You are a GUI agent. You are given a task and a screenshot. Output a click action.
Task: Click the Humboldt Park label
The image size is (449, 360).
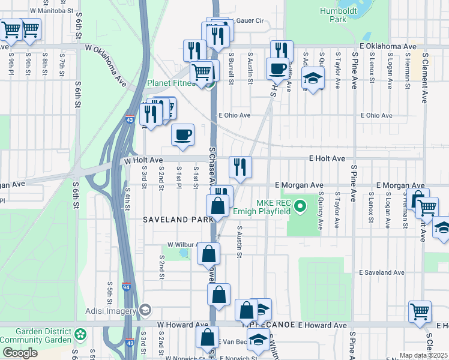pyautogui.click(x=334, y=14)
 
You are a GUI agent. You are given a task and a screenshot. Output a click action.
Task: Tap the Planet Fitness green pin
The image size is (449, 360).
pyautogui.click(x=210, y=83)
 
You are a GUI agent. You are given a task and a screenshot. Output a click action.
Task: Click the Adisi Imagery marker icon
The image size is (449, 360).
pyautogui.click(x=145, y=310)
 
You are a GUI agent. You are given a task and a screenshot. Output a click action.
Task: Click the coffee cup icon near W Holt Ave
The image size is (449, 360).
pyautogui.click(x=182, y=134)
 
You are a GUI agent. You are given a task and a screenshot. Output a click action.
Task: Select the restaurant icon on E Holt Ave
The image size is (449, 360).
pyautogui.click(x=240, y=167)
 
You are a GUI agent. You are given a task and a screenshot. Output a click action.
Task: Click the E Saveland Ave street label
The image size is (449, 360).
pyautogui.click(x=383, y=272)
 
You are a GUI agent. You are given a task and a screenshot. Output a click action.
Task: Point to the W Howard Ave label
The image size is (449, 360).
pyautogui.click(x=178, y=325)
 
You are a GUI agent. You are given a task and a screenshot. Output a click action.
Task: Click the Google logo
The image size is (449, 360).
pyautogui.click(x=19, y=353)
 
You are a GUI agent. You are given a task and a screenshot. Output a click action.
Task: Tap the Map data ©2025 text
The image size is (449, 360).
pyautogui.click(x=424, y=355)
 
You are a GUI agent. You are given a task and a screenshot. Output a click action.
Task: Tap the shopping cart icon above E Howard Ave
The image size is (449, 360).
pyautogui.click(x=420, y=311)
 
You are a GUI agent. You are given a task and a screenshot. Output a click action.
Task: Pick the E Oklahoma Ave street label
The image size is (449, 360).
pyautogui.click(x=388, y=46)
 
